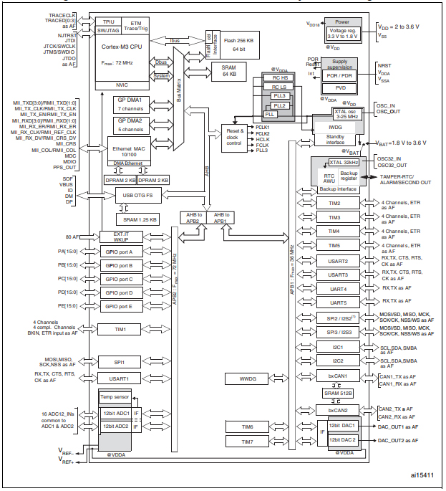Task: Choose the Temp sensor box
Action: pyautogui.click(x=115, y=396)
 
